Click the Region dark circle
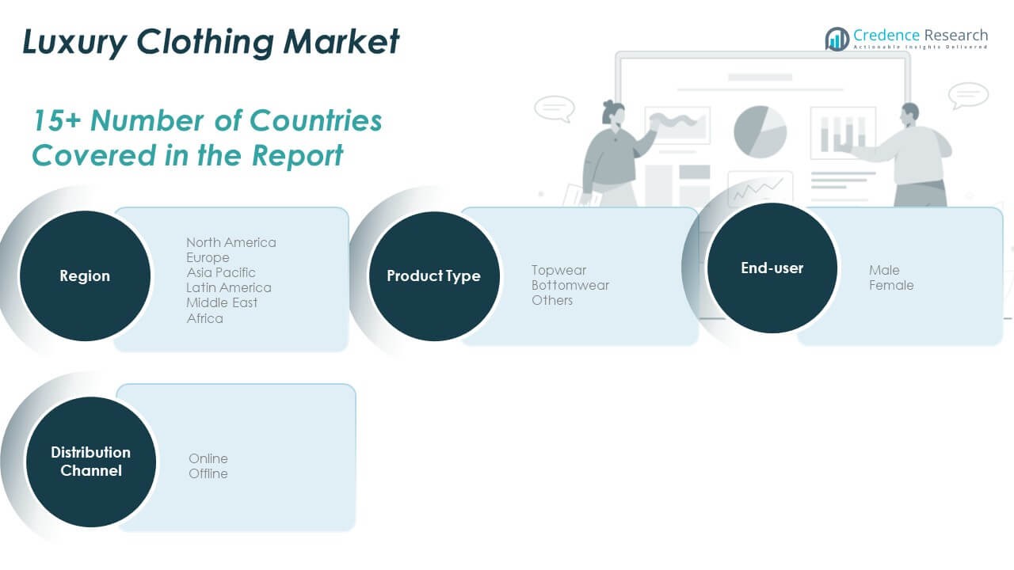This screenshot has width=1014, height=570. pos(85,276)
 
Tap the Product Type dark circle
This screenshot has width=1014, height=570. pos(434,276)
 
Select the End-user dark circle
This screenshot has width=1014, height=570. pos(772,268)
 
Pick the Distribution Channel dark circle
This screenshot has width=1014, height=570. pos(91,462)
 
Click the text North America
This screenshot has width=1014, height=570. pos(231,242)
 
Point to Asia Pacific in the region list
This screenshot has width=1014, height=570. pos(221,273)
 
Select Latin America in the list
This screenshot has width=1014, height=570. pos(229,287)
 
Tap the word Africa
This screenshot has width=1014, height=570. pos(204,318)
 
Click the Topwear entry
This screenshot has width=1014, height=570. pos(558,270)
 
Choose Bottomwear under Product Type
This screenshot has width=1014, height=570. pos(570,286)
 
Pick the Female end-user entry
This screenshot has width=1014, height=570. pos(891,286)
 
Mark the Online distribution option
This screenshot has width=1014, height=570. pos(208,458)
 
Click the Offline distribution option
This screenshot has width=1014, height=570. pos(208,473)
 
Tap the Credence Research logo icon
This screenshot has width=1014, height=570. pos(837,39)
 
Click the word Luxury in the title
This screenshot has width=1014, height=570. pos(74,42)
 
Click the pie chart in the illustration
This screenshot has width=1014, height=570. pos(760,131)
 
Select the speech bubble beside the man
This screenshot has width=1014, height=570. pos(968,96)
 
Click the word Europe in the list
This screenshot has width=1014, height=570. pos(208,258)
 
